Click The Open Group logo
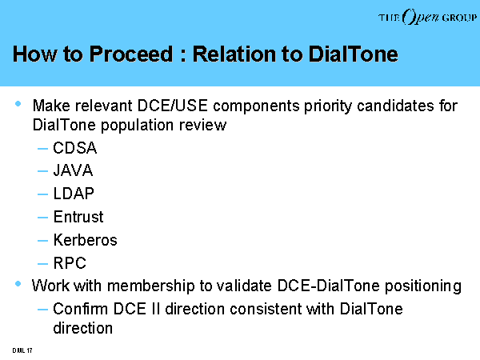pyautogui.click(x=427, y=17)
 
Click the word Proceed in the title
pyautogui.click(x=131, y=54)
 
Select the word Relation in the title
pyautogui.click(x=234, y=54)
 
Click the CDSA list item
pyautogui.click(x=74, y=148)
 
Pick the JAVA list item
pyautogui.click(x=73, y=170)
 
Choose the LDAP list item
pyautogui.click(x=74, y=194)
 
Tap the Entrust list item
pyautogui.click(x=78, y=217)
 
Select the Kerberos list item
pyautogui.click(x=85, y=240)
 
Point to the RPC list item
pyautogui.click(x=70, y=263)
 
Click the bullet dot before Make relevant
pyautogui.click(x=18, y=104)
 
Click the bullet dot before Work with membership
pyautogui.click(x=18, y=284)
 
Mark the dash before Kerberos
pyautogui.click(x=42, y=241)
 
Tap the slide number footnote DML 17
pyautogui.click(x=22, y=350)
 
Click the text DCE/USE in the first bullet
pyautogui.click(x=173, y=106)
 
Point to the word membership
pyautogui.click(x=151, y=286)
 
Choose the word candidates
pyautogui.click(x=395, y=106)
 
